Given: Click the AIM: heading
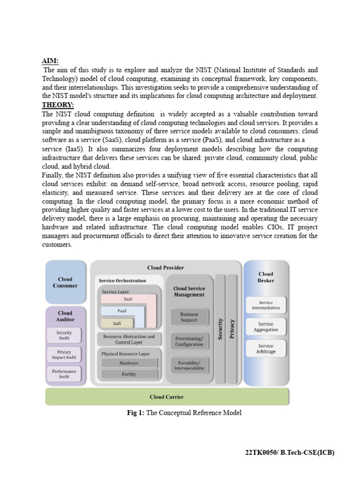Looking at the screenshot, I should tap(50, 60).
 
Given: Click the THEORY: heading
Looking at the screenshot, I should tap(58, 105).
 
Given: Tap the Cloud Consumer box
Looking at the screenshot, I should tap(65, 282).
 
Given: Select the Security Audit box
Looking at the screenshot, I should tap(64, 335).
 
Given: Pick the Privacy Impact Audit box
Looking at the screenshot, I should tap(64, 354).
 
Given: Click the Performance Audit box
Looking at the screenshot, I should tap(64, 374).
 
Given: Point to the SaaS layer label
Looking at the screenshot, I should tap(127, 299).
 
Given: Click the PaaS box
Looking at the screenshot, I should tap(121, 311).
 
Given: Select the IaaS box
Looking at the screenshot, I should tap(117, 323).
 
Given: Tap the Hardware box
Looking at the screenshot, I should tap(129, 363).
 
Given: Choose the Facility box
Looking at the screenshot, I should tap(129, 374).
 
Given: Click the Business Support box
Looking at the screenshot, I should tap(189, 317).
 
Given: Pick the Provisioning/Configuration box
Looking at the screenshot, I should tap(189, 341).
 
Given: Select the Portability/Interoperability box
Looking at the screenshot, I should tap(189, 366).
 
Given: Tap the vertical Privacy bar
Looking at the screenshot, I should tap(232, 328).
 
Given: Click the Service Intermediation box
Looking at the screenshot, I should tap(266, 305).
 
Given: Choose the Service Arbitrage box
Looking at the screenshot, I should tap(266, 348).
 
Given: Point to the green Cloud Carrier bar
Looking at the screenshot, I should tap(167, 397).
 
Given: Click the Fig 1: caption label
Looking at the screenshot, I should tap(136, 412).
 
